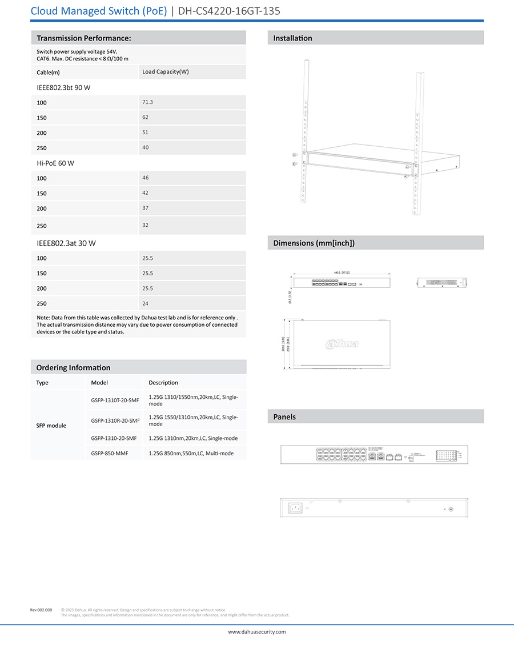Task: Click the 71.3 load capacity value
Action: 147,102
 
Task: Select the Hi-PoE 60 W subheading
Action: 55,163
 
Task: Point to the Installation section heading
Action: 292,38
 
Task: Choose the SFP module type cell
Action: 51,426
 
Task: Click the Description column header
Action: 163,383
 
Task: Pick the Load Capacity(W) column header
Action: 166,71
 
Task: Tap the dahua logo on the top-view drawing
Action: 342,344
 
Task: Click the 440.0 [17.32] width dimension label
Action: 342,273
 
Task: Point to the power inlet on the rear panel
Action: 296,508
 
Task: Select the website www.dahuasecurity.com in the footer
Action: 257,632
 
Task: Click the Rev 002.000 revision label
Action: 41,610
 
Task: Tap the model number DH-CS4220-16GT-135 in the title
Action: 229,11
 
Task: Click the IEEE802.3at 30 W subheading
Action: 66,243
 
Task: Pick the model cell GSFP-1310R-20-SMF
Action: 115,420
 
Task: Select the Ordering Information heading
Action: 73,367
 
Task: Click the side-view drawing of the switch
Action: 441,282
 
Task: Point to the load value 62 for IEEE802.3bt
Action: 145,117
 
